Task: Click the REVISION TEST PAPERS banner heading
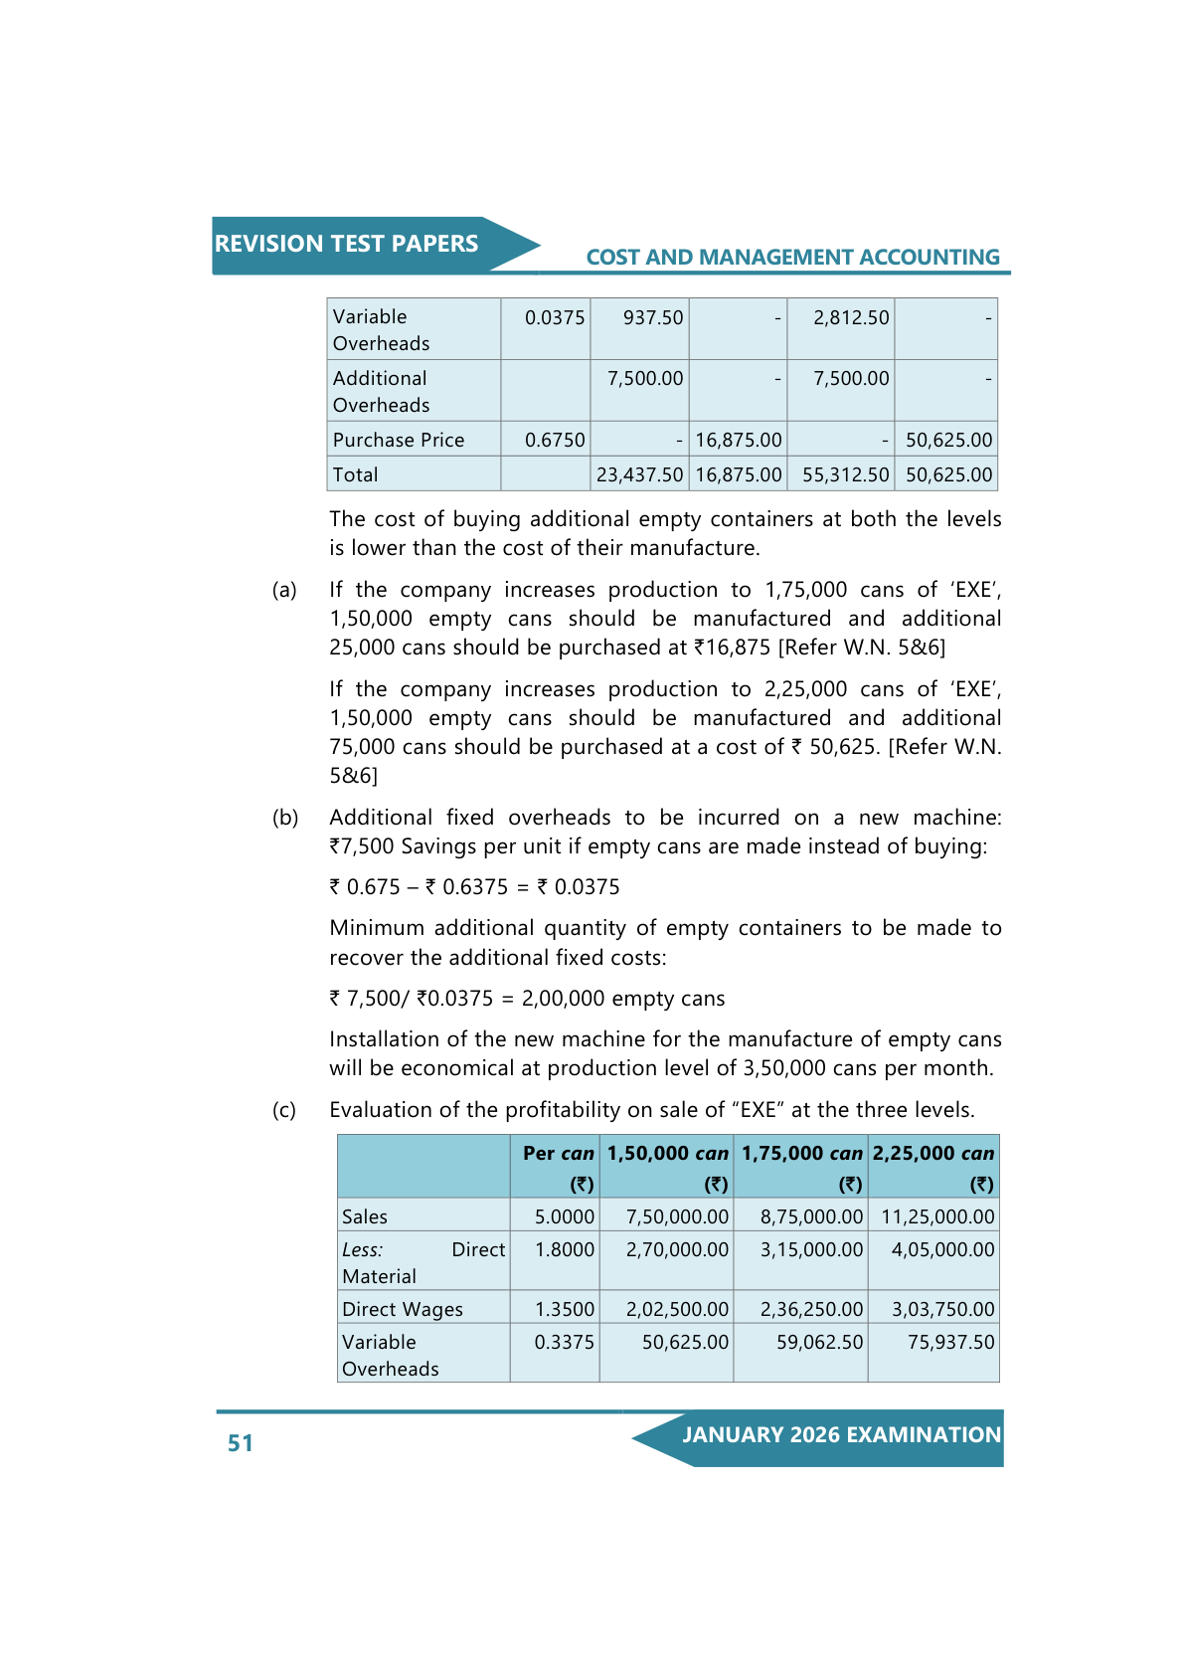click(346, 244)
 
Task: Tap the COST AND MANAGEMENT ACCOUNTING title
click(792, 258)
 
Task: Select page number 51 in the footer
click(241, 1443)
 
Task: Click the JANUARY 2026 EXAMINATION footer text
click(841, 1434)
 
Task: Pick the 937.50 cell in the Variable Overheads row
click(652, 317)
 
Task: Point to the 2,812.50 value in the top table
click(850, 317)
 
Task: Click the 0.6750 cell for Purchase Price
click(555, 440)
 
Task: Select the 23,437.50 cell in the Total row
click(639, 474)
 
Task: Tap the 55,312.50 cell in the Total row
click(845, 474)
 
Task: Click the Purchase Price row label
click(399, 440)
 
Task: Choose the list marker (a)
click(284, 590)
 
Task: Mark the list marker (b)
click(285, 818)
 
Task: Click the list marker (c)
click(284, 1110)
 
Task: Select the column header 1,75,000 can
click(801, 1154)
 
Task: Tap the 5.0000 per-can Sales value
click(564, 1216)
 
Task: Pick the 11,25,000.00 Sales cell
click(936, 1216)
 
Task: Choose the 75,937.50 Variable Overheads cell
click(950, 1342)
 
